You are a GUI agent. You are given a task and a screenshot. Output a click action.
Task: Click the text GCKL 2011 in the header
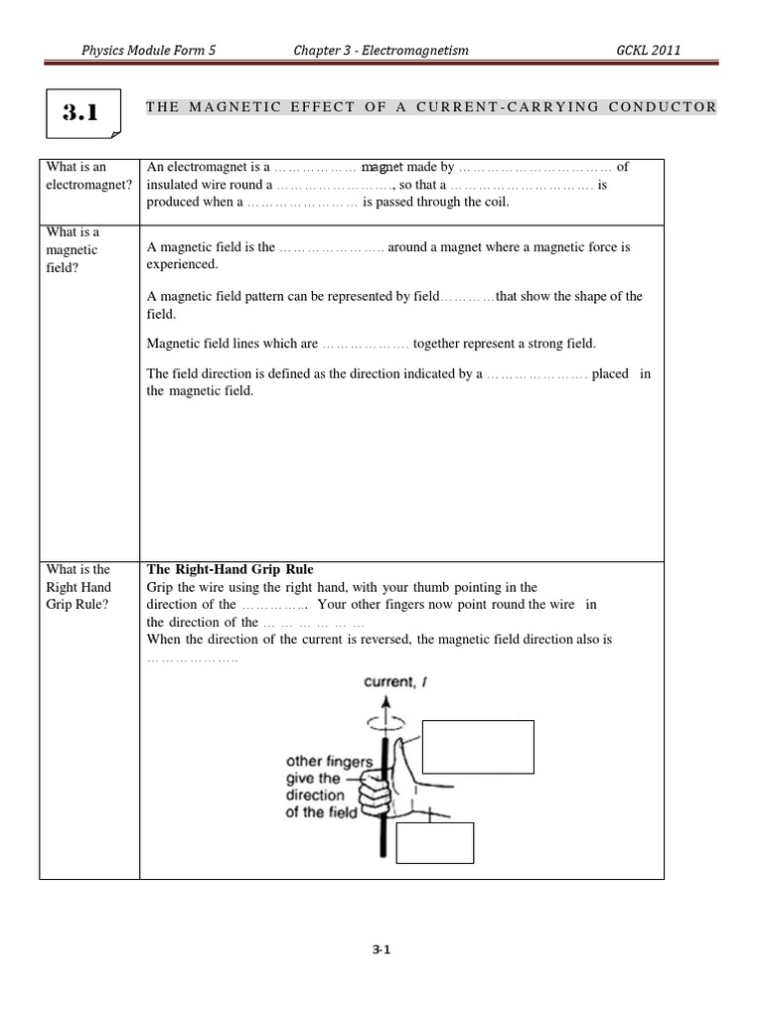pos(648,51)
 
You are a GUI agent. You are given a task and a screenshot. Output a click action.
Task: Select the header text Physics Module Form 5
pos(149,51)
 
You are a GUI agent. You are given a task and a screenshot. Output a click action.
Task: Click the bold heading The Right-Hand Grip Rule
pos(229,569)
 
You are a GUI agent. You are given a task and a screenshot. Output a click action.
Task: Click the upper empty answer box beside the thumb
pos(478,747)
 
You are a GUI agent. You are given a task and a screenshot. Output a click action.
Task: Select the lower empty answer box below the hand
pos(434,842)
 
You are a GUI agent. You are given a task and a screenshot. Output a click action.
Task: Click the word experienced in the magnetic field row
pos(181,265)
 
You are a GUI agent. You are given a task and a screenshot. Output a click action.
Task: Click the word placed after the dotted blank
pos(610,374)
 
